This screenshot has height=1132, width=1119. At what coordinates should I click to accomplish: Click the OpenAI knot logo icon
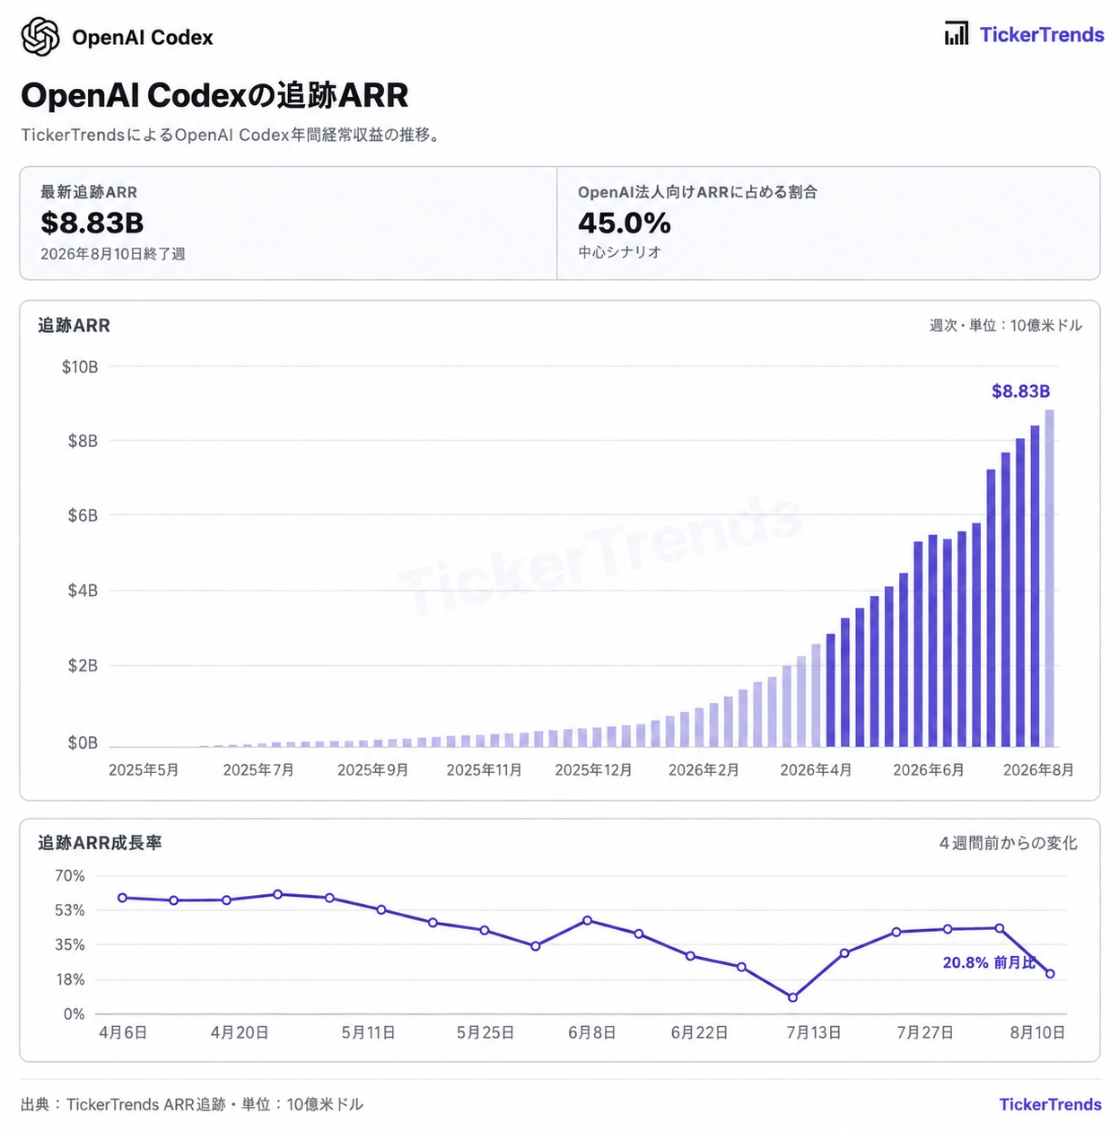pos(40,37)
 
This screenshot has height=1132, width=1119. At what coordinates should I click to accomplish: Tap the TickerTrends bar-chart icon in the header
pos(957,33)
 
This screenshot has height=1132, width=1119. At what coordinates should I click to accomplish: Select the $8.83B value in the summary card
pos(92,223)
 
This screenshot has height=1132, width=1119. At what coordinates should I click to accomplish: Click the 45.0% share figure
pos(624,223)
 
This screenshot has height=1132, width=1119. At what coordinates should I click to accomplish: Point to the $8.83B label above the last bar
pos(1020,391)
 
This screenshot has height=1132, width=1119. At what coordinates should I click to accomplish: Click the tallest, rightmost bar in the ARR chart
pos(1049,578)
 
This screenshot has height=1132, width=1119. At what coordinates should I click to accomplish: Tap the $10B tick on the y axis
pos(80,367)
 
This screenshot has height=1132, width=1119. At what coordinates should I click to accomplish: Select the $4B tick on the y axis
pos(83,591)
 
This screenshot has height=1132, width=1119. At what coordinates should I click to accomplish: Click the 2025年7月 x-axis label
pos(258,769)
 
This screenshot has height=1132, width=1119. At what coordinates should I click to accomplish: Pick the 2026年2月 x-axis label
pos(704,769)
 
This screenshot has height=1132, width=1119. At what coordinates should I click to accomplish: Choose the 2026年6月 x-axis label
pos(928,769)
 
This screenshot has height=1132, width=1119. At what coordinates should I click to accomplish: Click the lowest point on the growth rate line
pos(792,997)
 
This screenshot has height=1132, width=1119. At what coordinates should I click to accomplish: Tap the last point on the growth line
pos(1050,973)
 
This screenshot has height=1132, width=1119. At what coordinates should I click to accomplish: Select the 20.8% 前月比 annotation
pos(989,962)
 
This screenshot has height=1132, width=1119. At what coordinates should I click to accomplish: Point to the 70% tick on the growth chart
pos(70,876)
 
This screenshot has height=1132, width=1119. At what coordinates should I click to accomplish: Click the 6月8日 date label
pos(591,1032)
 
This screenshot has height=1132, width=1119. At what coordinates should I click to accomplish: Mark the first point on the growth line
pos(122,898)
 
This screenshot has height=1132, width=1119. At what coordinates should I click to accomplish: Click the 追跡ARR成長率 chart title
pos(100,843)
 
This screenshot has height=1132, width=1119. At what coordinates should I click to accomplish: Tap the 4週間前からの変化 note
pos(1008,843)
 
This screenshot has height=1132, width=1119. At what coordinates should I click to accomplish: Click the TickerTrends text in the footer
pos(1050,1104)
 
